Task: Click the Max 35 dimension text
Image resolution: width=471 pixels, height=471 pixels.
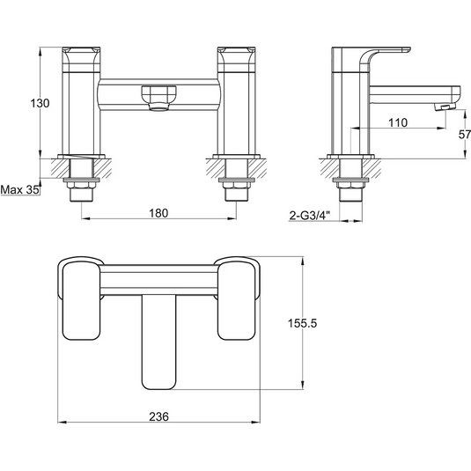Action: (x=20, y=190)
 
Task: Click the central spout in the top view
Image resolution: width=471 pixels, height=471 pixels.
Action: (x=158, y=342)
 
